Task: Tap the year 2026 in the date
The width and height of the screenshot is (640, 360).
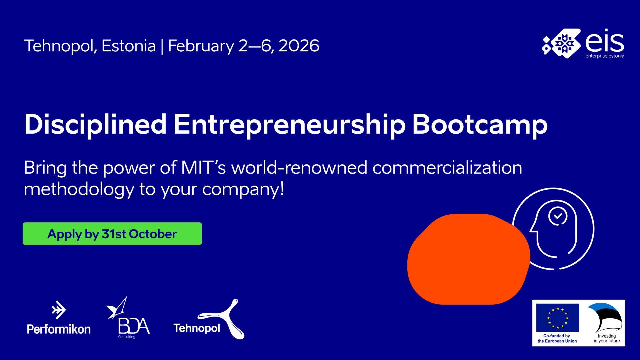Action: [299, 46]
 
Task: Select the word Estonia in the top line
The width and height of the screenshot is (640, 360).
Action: [129, 46]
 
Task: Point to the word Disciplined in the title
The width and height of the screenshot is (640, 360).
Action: [95, 125]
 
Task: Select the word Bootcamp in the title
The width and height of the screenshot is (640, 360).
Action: [480, 125]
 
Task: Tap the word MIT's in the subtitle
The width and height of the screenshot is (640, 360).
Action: [203, 167]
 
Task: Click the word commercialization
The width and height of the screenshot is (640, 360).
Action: [447, 167]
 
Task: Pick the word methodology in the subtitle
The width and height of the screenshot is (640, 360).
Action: [79, 189]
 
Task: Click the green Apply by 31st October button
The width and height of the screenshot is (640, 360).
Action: [112, 234]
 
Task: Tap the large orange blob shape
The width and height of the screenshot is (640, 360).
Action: [468, 259]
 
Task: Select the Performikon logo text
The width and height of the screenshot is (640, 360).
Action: [59, 329]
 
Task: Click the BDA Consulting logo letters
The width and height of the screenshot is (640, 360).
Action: [134, 326]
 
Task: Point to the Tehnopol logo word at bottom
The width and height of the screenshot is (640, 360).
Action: [197, 328]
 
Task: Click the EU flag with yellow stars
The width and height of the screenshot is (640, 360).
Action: [557, 318]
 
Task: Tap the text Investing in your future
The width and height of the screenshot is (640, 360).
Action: [607, 338]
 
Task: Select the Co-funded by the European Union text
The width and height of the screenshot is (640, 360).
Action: [557, 338]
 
